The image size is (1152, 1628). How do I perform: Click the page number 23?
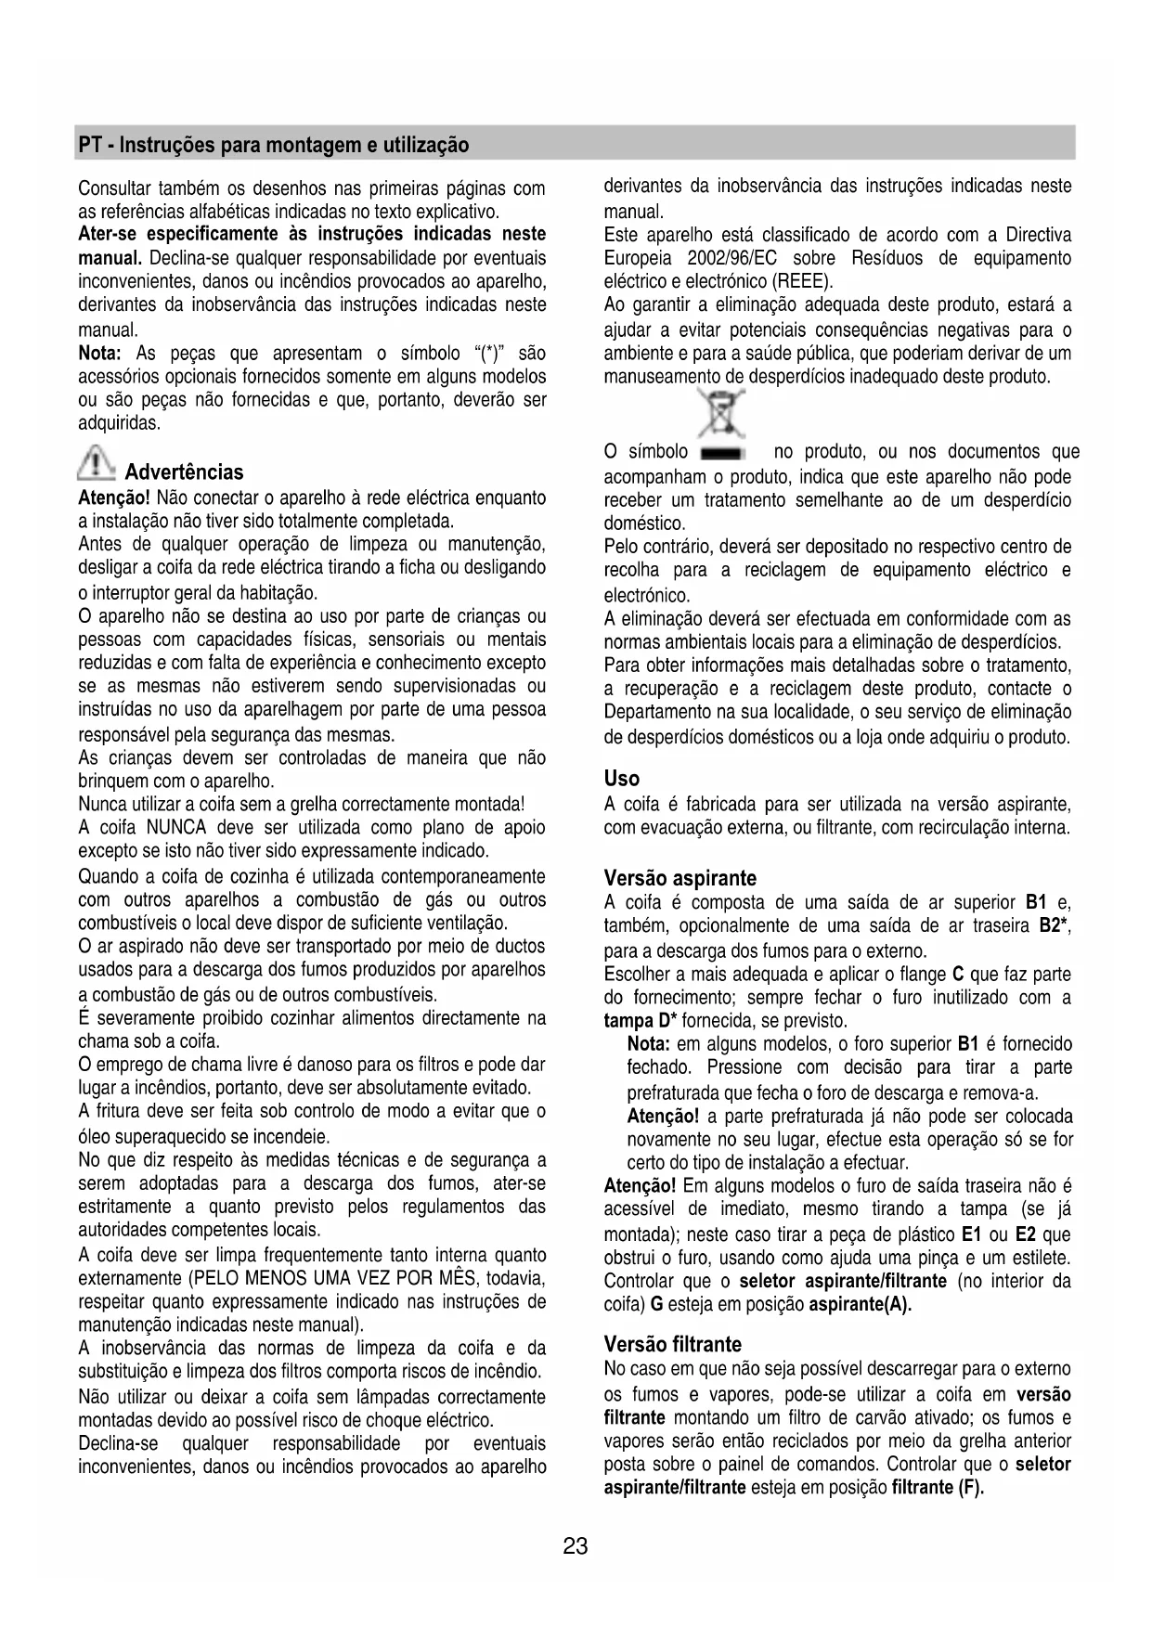tap(575, 1546)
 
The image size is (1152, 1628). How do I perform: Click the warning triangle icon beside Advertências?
tap(96, 461)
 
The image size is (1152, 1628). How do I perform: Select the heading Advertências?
tap(184, 472)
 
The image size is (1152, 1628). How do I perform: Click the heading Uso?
tap(621, 778)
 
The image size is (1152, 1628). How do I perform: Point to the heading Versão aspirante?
tap(680, 878)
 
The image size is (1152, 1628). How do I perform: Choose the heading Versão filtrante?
tap(672, 1344)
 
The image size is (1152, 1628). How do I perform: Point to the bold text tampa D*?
tap(641, 1022)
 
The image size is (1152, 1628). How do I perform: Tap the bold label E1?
tap(972, 1234)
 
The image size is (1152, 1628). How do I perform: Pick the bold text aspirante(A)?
tap(860, 1305)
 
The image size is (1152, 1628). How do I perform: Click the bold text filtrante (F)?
tap(937, 1488)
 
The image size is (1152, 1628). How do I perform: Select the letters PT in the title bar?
tap(89, 145)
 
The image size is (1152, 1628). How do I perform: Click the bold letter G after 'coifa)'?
tap(655, 1305)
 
